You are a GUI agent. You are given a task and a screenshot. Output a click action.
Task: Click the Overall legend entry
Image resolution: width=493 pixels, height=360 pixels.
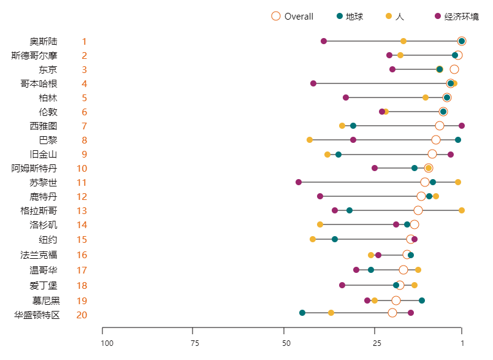(x=292, y=17)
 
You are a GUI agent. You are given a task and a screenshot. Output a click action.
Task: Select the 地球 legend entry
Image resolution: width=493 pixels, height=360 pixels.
(x=350, y=17)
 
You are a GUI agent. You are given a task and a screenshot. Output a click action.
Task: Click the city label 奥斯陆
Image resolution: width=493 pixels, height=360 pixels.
(x=44, y=42)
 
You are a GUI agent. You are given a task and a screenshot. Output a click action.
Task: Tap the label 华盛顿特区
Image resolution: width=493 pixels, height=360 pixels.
(x=37, y=315)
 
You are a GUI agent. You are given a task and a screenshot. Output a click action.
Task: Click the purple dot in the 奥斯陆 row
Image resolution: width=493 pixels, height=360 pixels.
(x=324, y=41)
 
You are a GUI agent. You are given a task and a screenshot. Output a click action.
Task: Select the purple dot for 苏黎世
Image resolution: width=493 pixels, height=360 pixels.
(x=299, y=182)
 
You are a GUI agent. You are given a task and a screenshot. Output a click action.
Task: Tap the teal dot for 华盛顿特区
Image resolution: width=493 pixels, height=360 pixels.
(x=302, y=313)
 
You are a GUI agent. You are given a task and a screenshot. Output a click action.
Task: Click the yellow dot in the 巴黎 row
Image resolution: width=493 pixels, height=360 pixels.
(x=310, y=140)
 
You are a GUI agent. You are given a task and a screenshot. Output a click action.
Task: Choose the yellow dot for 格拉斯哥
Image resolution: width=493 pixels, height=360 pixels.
(x=462, y=210)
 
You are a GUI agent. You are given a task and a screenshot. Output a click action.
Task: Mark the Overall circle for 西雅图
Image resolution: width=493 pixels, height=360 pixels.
(x=440, y=126)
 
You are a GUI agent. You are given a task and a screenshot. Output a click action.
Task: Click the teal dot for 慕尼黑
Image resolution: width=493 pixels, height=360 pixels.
(x=422, y=301)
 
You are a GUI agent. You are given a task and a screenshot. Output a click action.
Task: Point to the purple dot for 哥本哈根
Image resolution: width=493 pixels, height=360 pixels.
(x=313, y=83)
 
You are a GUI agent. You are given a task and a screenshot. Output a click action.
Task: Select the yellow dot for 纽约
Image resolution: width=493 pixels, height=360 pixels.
(x=313, y=239)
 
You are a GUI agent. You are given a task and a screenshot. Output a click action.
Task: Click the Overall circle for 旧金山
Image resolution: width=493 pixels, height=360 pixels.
(x=432, y=154)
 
